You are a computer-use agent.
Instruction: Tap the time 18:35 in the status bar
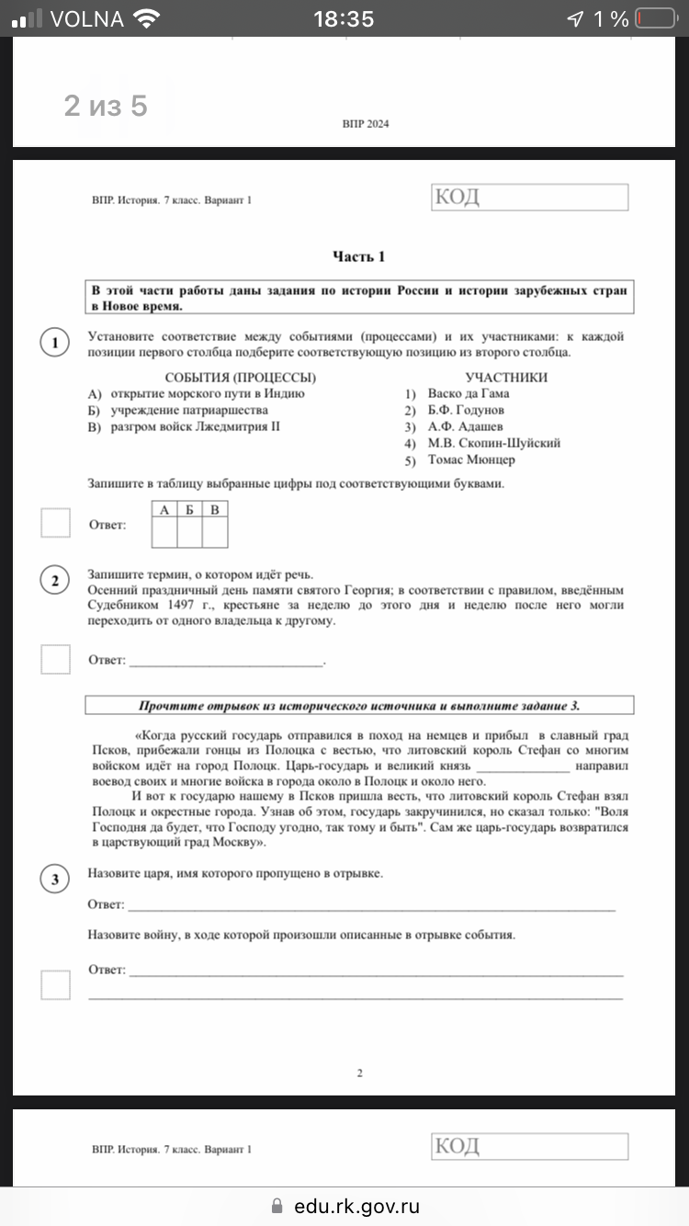[344, 18]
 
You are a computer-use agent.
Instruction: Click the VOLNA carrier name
[87, 18]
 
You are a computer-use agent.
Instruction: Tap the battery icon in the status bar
[653, 18]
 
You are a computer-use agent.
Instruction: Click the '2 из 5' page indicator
[106, 107]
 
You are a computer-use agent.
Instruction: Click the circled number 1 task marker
[55, 343]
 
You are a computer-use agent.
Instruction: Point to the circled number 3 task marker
[55, 880]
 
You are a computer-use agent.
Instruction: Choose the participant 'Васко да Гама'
[469, 393]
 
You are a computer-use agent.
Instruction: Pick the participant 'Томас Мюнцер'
[471, 460]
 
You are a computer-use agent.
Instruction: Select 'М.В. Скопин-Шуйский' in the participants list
[493, 443]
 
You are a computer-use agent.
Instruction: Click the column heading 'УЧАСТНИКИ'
[506, 377]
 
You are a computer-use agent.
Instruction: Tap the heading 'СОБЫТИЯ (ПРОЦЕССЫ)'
[241, 377]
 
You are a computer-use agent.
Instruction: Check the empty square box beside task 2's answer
[55, 659]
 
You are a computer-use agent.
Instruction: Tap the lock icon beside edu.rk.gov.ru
[277, 1207]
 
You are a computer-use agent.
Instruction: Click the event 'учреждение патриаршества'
[189, 410]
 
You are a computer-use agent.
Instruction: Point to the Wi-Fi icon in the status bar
[146, 18]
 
